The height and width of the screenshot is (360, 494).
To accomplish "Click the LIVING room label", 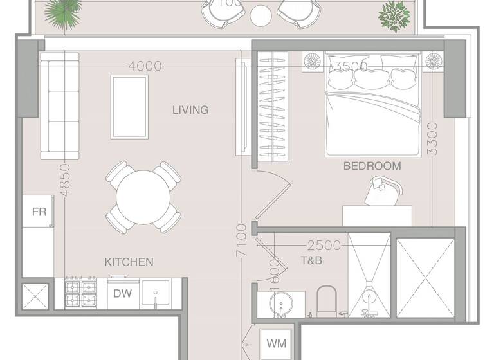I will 190,110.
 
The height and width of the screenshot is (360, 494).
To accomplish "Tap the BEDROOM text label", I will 372,166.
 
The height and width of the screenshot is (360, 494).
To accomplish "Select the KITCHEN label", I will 129,262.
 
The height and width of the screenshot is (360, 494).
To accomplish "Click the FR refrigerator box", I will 39,212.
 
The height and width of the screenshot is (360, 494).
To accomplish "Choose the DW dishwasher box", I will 122,294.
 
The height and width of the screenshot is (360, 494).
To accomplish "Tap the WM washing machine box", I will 277,344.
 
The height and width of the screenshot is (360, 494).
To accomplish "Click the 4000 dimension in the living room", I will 145,66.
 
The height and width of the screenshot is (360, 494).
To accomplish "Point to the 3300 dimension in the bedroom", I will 432,138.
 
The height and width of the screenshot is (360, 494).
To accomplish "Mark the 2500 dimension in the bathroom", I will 324,246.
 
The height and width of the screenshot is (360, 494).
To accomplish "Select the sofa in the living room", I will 60,105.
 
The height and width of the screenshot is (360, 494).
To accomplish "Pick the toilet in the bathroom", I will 327,300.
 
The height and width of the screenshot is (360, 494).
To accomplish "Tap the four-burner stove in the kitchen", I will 80,294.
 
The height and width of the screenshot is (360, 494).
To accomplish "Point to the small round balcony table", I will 261,15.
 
